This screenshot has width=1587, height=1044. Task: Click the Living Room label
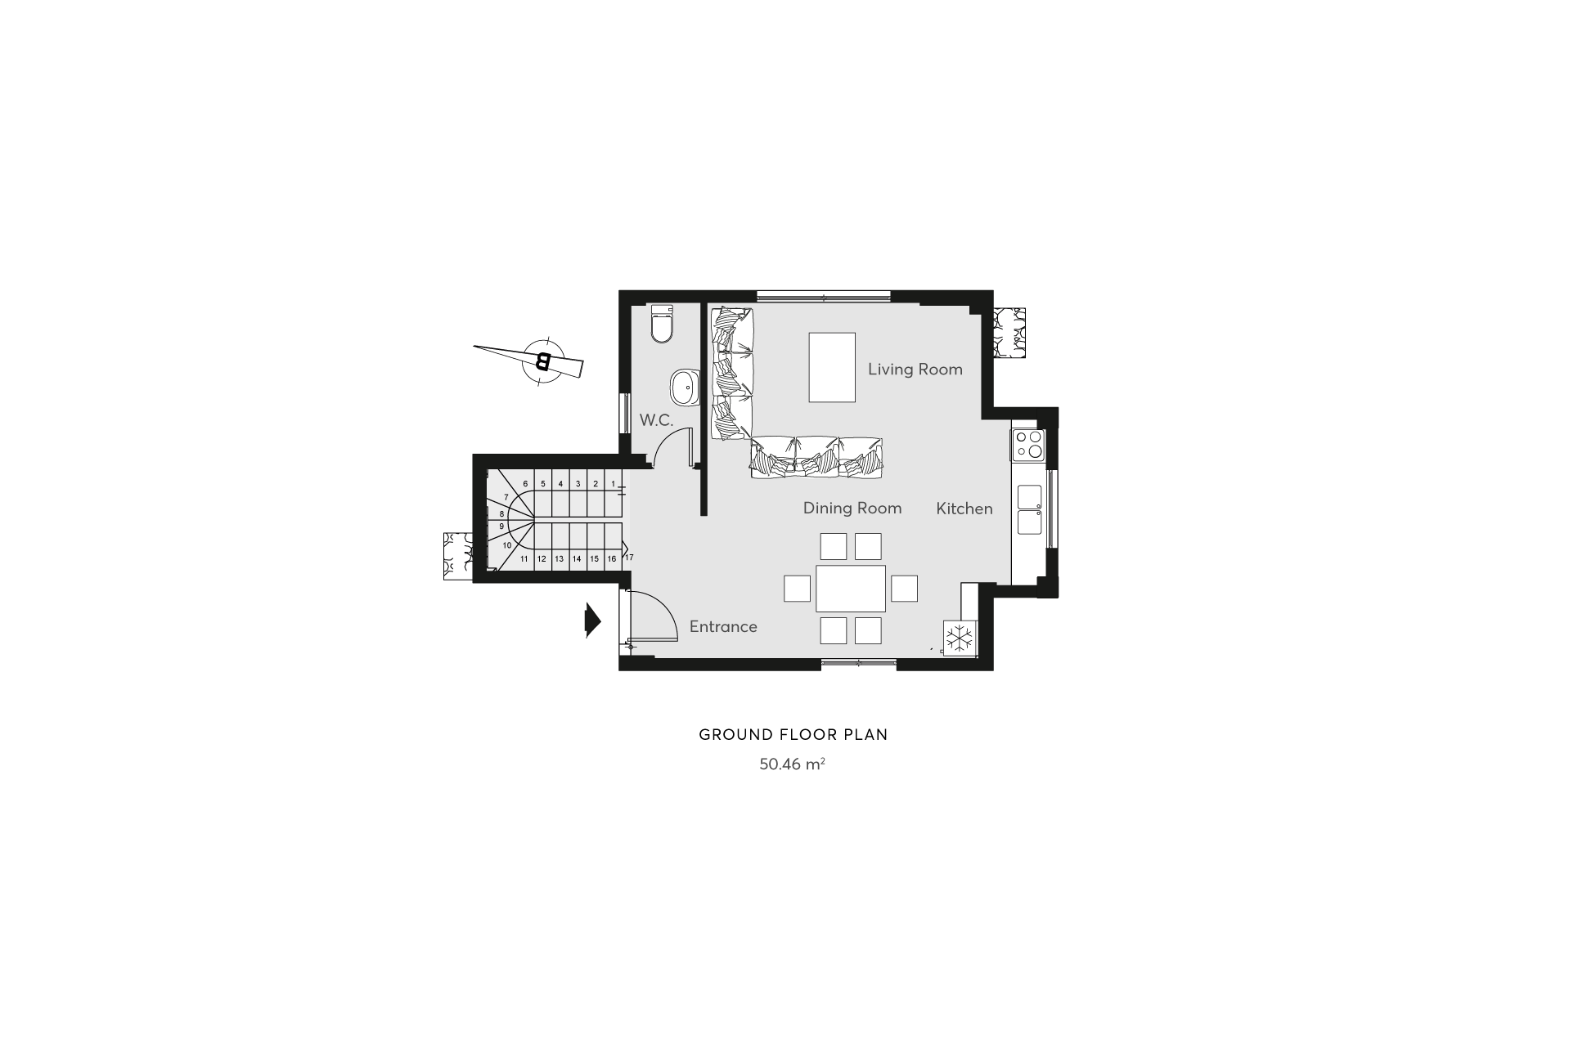[915, 370]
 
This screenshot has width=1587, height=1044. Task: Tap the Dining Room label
[852, 509]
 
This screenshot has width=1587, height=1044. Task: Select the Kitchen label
[964, 509]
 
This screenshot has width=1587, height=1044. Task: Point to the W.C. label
[656, 420]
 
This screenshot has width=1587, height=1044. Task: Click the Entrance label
[723, 627]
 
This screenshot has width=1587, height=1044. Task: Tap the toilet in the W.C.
[660, 324]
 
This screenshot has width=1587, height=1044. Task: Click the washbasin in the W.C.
[685, 387]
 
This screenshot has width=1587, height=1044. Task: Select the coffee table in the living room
[832, 367]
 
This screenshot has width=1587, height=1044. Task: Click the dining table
[851, 589]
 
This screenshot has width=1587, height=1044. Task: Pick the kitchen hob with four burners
[1028, 445]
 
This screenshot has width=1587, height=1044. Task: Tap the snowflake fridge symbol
[960, 638]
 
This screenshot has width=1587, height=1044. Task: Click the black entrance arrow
[593, 621]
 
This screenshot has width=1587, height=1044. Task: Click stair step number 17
[629, 557]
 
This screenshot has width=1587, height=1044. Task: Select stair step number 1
[613, 484]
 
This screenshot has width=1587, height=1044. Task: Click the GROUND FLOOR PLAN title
[793, 734]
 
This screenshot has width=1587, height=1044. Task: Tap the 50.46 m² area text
[792, 764]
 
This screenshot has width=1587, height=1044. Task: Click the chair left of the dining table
[798, 589]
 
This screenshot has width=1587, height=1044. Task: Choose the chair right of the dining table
[904, 589]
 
